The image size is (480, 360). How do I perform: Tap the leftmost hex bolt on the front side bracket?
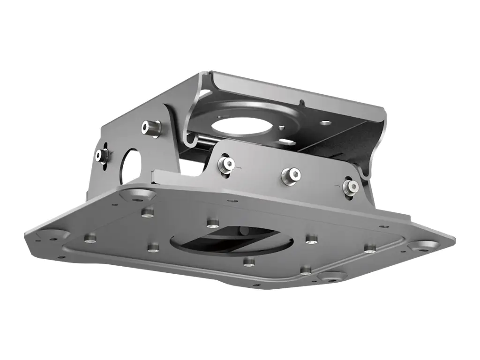click(x=226, y=164)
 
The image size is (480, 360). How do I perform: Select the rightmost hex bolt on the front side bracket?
click(x=351, y=187)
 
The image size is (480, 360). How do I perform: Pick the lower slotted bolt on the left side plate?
click(x=101, y=156)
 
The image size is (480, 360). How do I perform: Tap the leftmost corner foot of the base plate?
click(x=47, y=234)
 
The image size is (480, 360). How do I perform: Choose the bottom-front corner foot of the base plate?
click(x=332, y=277)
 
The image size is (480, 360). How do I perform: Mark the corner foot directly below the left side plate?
click(x=138, y=194)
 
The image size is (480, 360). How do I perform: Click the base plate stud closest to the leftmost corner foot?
click(x=90, y=239)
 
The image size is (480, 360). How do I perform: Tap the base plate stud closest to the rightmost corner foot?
click(x=370, y=247)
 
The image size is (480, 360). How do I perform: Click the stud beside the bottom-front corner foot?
click(x=306, y=270)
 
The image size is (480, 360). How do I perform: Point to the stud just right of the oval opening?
click(x=311, y=240)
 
